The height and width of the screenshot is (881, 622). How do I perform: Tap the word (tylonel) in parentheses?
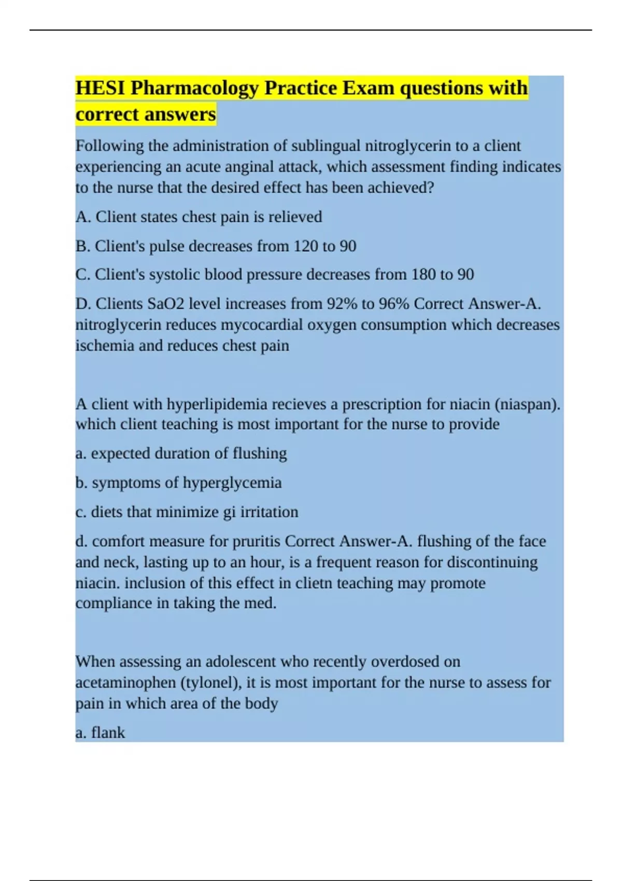point(211,683)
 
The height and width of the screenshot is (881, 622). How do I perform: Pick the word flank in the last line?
point(108,733)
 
